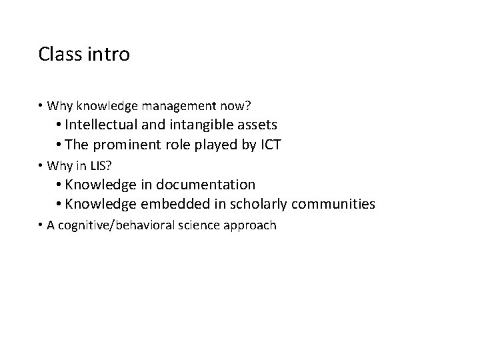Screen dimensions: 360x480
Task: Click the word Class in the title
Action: [59, 53]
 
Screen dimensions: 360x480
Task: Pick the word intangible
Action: [206, 124]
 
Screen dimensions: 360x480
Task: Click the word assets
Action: [257, 124]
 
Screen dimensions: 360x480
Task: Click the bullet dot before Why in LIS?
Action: [41, 165]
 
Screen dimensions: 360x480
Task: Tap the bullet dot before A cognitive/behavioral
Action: [41, 225]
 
